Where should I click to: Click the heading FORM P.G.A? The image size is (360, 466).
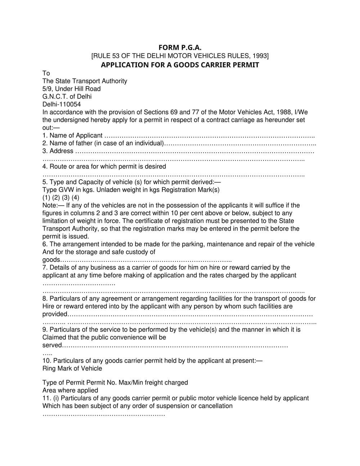(x=180, y=48)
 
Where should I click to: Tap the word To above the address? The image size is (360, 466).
(x=46, y=73)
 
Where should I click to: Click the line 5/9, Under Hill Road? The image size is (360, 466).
(x=72, y=89)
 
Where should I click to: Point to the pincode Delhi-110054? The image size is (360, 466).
(x=62, y=104)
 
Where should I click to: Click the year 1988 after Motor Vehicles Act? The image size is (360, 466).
(x=284, y=112)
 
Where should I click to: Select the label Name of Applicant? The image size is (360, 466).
(x=76, y=136)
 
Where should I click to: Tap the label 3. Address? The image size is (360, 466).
(x=58, y=151)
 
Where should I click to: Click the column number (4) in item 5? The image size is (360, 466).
(x=75, y=198)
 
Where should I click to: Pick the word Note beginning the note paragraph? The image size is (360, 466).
(x=49, y=206)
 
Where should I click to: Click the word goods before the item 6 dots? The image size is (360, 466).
(x=51, y=260)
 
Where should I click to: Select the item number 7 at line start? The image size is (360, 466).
(x=44, y=268)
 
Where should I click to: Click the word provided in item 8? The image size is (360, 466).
(x=55, y=314)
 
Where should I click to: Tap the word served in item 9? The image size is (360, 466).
(x=52, y=345)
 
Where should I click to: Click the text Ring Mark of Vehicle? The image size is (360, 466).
(x=72, y=369)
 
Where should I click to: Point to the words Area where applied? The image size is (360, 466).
(x=70, y=391)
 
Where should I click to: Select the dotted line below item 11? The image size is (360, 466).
(x=104, y=415)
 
